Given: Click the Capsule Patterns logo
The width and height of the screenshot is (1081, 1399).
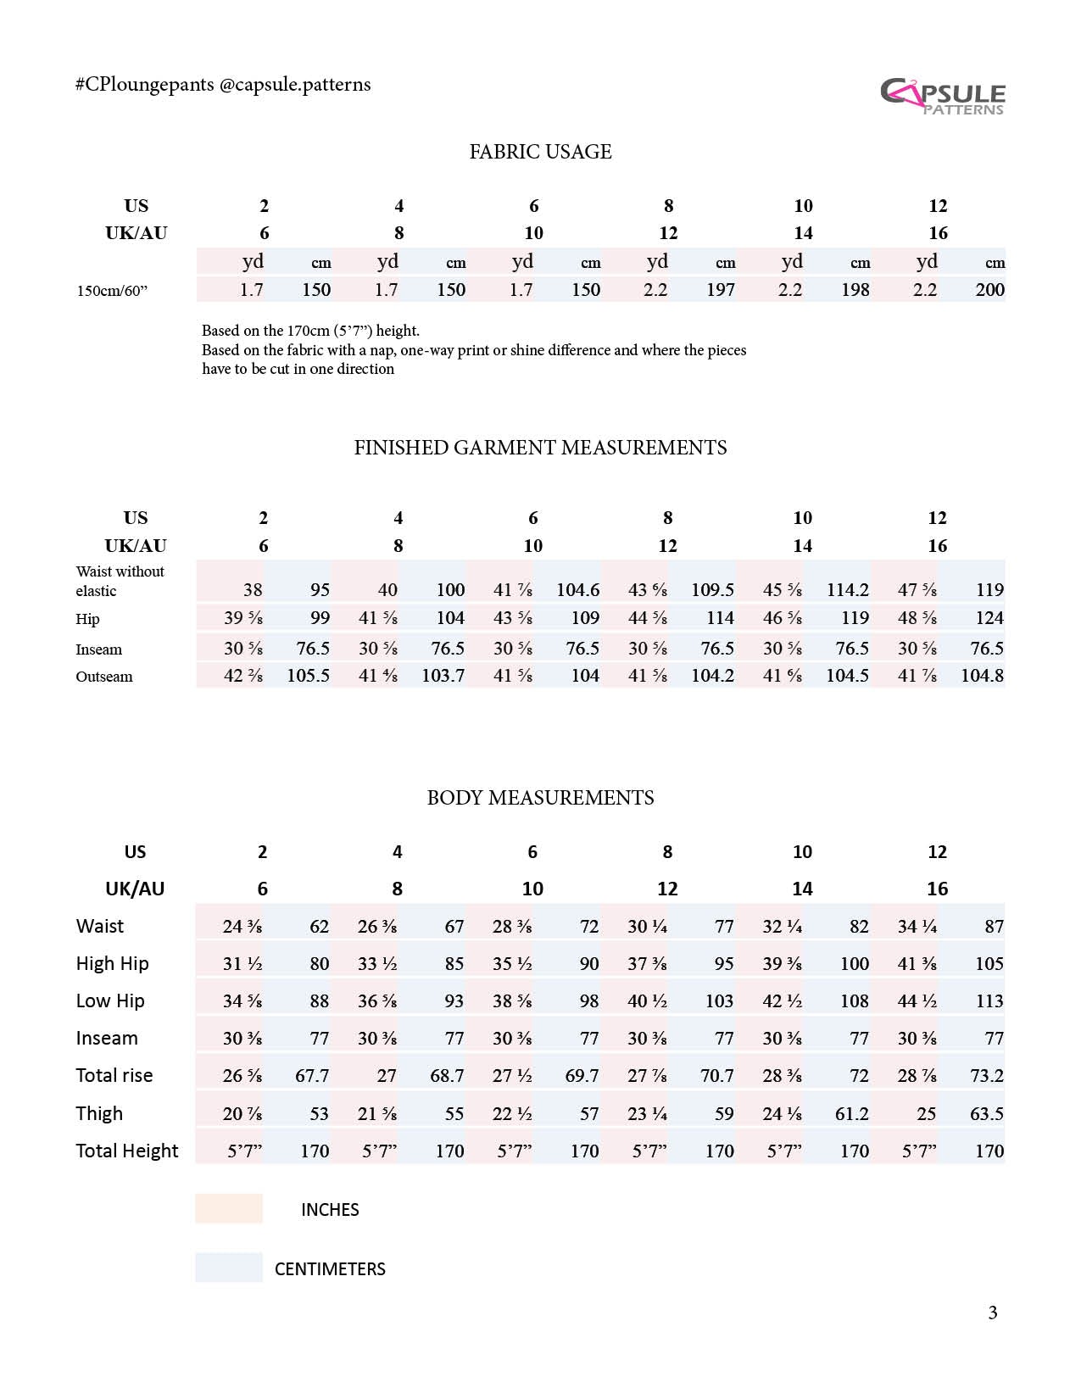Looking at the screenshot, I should point(942,96).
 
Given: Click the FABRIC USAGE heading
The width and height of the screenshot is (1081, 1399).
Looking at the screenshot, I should point(540,152).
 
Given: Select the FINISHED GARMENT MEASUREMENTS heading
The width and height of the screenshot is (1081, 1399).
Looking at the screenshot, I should point(540,448).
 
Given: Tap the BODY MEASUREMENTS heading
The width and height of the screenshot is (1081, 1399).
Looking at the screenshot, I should point(540,798).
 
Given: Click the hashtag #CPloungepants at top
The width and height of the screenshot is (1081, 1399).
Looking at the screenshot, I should point(144,85).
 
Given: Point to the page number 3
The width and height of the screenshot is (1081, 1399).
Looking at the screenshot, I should point(992,1313).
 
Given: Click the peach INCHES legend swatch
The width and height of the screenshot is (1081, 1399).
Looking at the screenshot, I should point(229,1208).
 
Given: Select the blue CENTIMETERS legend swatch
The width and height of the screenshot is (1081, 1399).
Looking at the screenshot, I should point(229,1268).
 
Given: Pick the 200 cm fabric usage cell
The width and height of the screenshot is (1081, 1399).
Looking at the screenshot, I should point(989,290).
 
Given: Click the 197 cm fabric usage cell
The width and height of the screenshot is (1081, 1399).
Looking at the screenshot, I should point(720,290).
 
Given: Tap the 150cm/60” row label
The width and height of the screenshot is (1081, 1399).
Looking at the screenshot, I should point(112,291).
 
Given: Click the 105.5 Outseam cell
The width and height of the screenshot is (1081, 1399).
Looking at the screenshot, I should point(308,676).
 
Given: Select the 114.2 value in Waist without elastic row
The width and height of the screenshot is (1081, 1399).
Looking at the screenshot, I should point(847,590).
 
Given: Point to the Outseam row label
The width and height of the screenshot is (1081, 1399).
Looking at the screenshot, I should point(104,677).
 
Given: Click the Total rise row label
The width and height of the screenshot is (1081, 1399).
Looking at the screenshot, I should point(114,1076).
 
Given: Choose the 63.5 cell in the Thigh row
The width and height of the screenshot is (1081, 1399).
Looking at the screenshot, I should point(986,1113).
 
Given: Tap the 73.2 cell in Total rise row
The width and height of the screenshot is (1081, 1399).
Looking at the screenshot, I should point(986,1076).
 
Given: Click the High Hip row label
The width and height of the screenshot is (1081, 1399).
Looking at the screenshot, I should point(112,964).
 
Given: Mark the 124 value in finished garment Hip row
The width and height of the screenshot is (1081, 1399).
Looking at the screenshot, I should point(989,618).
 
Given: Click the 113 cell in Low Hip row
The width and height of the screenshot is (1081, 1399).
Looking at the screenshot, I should point(989,1001).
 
